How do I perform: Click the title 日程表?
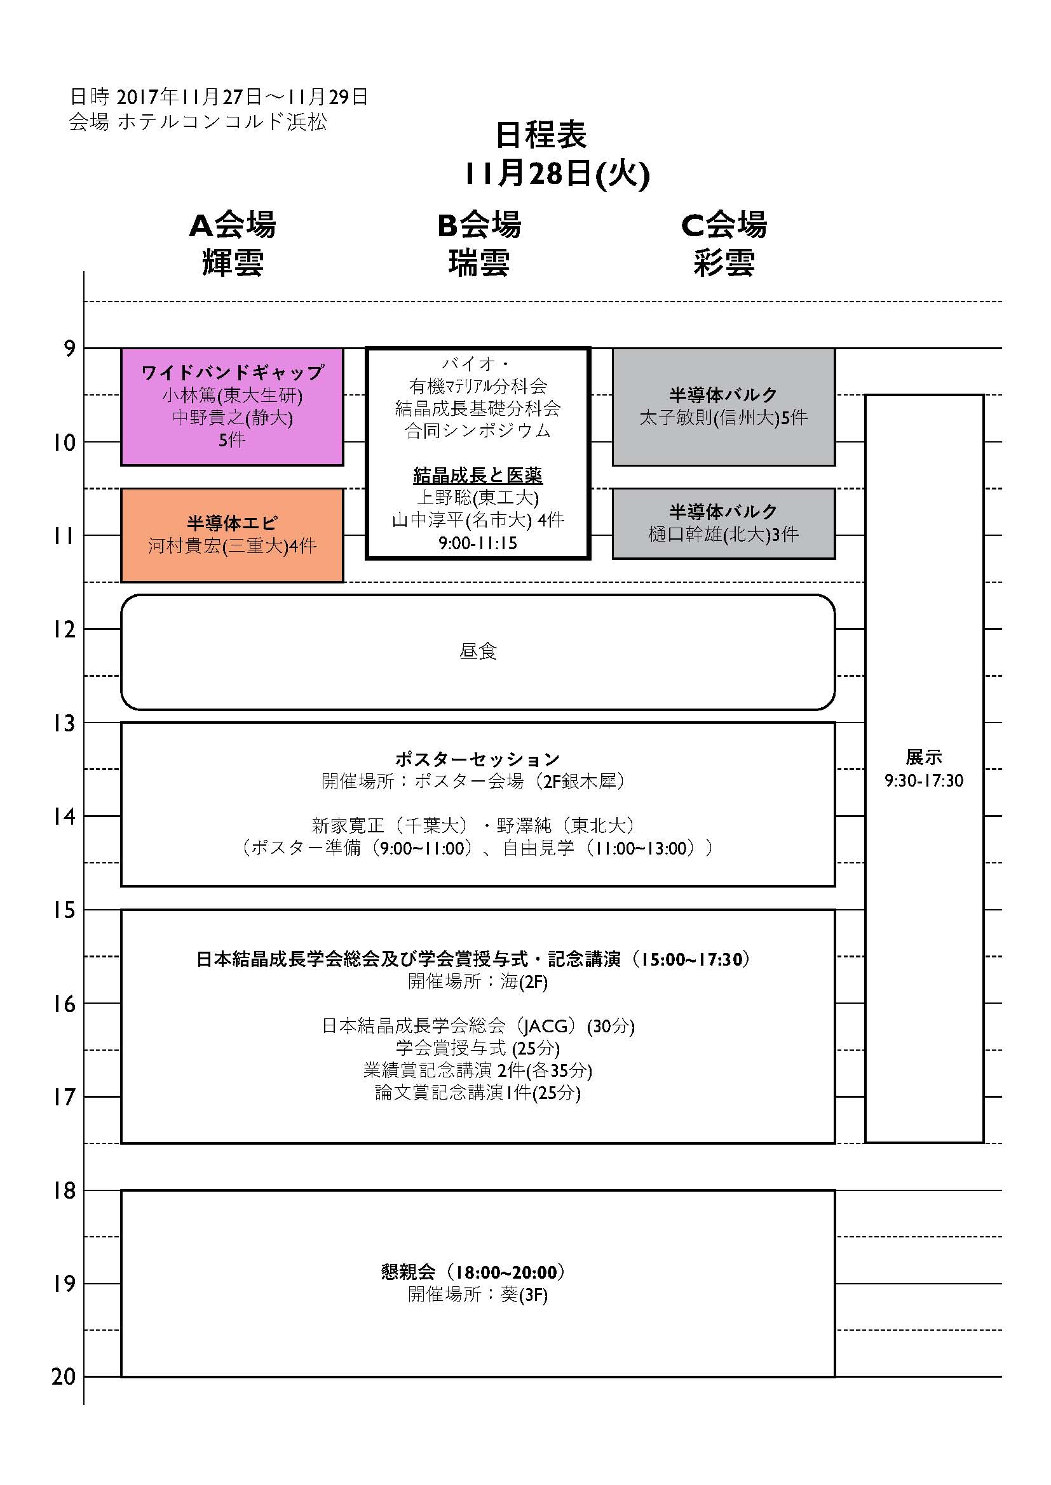point(541,135)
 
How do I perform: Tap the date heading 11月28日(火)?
point(557,173)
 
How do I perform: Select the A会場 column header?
point(233,225)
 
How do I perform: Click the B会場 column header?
point(479,225)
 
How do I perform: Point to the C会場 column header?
point(724,225)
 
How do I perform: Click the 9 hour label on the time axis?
point(69,349)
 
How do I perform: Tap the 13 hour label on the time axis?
point(64,723)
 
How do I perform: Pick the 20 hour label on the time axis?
point(64,1377)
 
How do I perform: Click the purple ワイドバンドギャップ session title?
point(233,373)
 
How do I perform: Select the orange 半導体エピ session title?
point(233,523)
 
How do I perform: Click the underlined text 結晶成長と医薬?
point(478,476)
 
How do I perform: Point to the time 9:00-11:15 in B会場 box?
point(478,543)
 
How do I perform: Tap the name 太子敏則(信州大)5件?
point(724,418)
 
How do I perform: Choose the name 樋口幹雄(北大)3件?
point(724,534)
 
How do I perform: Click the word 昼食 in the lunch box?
point(478,651)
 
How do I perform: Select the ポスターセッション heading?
point(478,759)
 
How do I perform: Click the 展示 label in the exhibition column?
point(924,757)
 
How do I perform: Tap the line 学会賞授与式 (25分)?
point(478,1048)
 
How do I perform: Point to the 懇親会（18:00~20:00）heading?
point(473,1272)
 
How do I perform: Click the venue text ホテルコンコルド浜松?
point(222,123)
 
